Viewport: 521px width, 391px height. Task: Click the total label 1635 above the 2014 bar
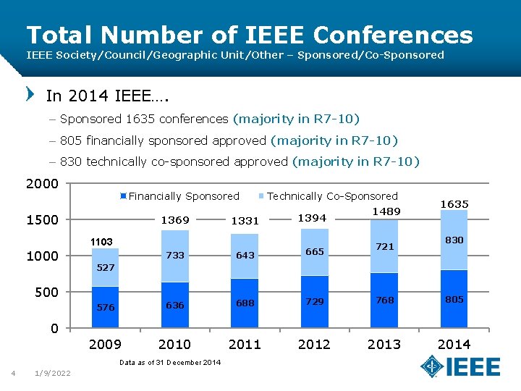[x=454, y=204]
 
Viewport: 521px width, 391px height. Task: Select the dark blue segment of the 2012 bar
[x=314, y=301]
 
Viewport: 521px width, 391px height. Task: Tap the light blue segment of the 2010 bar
[x=174, y=256]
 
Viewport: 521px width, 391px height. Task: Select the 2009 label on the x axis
[x=105, y=344]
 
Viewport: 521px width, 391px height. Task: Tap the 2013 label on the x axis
[x=384, y=344]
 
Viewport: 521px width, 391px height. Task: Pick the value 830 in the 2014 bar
[x=454, y=240]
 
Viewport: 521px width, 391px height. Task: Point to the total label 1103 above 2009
[x=101, y=241]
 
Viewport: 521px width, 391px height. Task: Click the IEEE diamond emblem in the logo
[x=433, y=366]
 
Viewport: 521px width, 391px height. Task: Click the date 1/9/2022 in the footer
[x=53, y=373]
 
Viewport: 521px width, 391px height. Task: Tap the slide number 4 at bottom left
[x=13, y=373]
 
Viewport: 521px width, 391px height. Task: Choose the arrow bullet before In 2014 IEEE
[x=30, y=94]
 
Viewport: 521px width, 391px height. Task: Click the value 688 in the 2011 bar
[x=245, y=303]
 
